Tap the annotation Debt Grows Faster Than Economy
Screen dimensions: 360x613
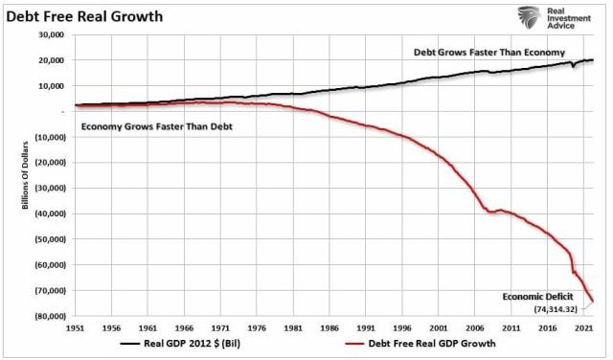(488, 52)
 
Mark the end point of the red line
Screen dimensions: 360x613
(592, 302)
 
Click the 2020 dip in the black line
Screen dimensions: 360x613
(572, 66)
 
